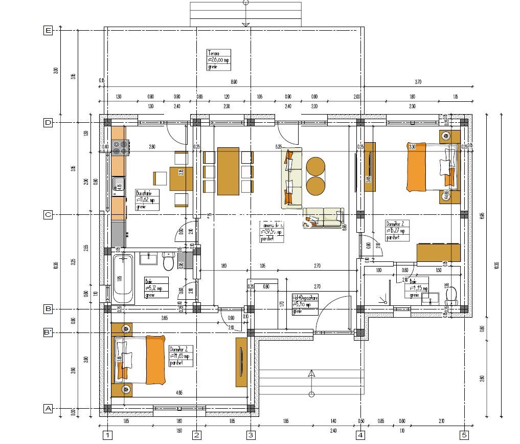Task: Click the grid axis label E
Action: [48, 31]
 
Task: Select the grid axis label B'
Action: [48, 332]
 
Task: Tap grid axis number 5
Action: [464, 435]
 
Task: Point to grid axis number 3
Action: [251, 435]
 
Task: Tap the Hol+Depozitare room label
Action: [305, 304]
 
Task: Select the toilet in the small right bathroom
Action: [451, 295]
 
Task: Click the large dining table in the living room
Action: [228, 171]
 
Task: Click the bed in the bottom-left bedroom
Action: [141, 360]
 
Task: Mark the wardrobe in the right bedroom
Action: [438, 253]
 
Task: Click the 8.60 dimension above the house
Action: [234, 82]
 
